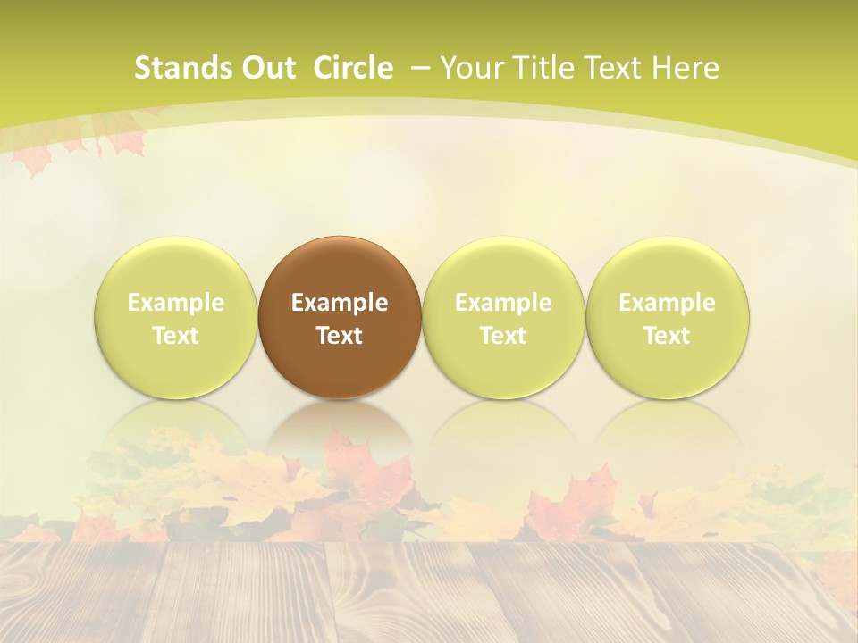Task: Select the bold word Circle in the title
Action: (x=353, y=68)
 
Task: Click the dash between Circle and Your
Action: (x=419, y=68)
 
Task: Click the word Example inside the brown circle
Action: (x=340, y=303)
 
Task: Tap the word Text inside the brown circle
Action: (x=340, y=336)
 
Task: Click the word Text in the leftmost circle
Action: (x=176, y=336)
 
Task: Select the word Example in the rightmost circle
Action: (x=668, y=303)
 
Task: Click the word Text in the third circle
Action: (x=503, y=336)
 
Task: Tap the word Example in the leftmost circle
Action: (x=176, y=303)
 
